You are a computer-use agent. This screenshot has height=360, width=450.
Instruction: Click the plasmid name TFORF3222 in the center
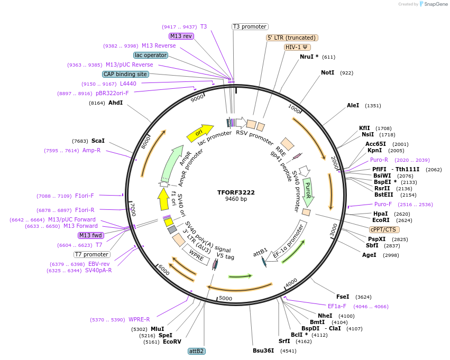(x=236, y=192)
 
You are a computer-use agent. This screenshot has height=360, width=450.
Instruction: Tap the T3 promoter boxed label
(x=250, y=27)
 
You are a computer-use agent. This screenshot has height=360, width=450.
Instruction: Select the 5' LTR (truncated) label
(x=291, y=38)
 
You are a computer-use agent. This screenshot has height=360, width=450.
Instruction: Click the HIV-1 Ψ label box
(x=297, y=47)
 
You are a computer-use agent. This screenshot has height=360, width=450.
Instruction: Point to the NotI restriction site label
(x=327, y=72)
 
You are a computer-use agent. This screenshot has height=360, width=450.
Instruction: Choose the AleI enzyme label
(x=353, y=106)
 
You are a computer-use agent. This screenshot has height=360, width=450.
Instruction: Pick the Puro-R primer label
(x=379, y=160)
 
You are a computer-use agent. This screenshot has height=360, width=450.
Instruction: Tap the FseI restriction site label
(x=343, y=297)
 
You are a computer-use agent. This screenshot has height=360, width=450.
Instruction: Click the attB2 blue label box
(x=197, y=351)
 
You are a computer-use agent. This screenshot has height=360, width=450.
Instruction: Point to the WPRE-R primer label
(x=139, y=319)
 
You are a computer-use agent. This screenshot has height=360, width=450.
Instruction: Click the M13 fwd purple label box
(x=90, y=235)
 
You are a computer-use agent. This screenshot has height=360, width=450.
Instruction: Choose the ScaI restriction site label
(x=98, y=141)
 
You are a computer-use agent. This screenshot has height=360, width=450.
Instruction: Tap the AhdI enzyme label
(x=115, y=103)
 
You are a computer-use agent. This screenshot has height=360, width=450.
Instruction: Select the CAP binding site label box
(x=125, y=75)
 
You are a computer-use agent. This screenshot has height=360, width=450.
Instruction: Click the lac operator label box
(x=151, y=55)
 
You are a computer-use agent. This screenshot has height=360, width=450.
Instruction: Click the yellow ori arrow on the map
(x=199, y=133)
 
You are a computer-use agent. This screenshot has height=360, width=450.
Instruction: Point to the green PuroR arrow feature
(x=307, y=190)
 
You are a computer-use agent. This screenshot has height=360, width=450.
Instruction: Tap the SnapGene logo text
(x=435, y=4)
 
